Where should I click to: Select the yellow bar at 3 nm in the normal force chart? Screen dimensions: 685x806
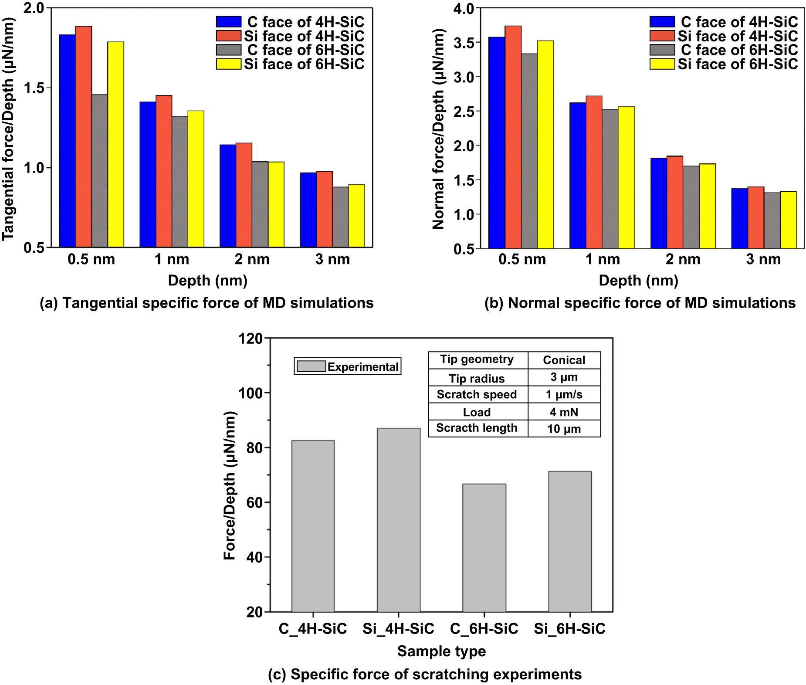(788, 220)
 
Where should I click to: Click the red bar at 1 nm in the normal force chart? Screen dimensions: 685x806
(594, 172)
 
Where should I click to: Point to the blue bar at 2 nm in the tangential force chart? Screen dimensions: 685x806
(227, 196)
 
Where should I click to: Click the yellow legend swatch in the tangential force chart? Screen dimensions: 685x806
(228, 64)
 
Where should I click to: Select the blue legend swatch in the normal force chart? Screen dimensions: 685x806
(662, 22)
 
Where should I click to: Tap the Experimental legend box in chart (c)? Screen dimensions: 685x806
(347, 366)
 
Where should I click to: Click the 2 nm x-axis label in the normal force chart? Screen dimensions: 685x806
(683, 259)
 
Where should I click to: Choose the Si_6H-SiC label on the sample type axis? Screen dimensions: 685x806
(569, 629)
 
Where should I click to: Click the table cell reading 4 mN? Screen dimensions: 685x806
(564, 412)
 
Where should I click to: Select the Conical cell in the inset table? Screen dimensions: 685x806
(564, 360)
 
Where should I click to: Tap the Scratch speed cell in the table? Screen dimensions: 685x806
(477, 394)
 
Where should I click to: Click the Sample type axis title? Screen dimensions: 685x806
(441, 651)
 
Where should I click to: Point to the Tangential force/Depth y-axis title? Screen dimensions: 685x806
(9, 129)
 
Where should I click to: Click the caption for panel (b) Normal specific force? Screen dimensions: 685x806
(640, 303)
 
